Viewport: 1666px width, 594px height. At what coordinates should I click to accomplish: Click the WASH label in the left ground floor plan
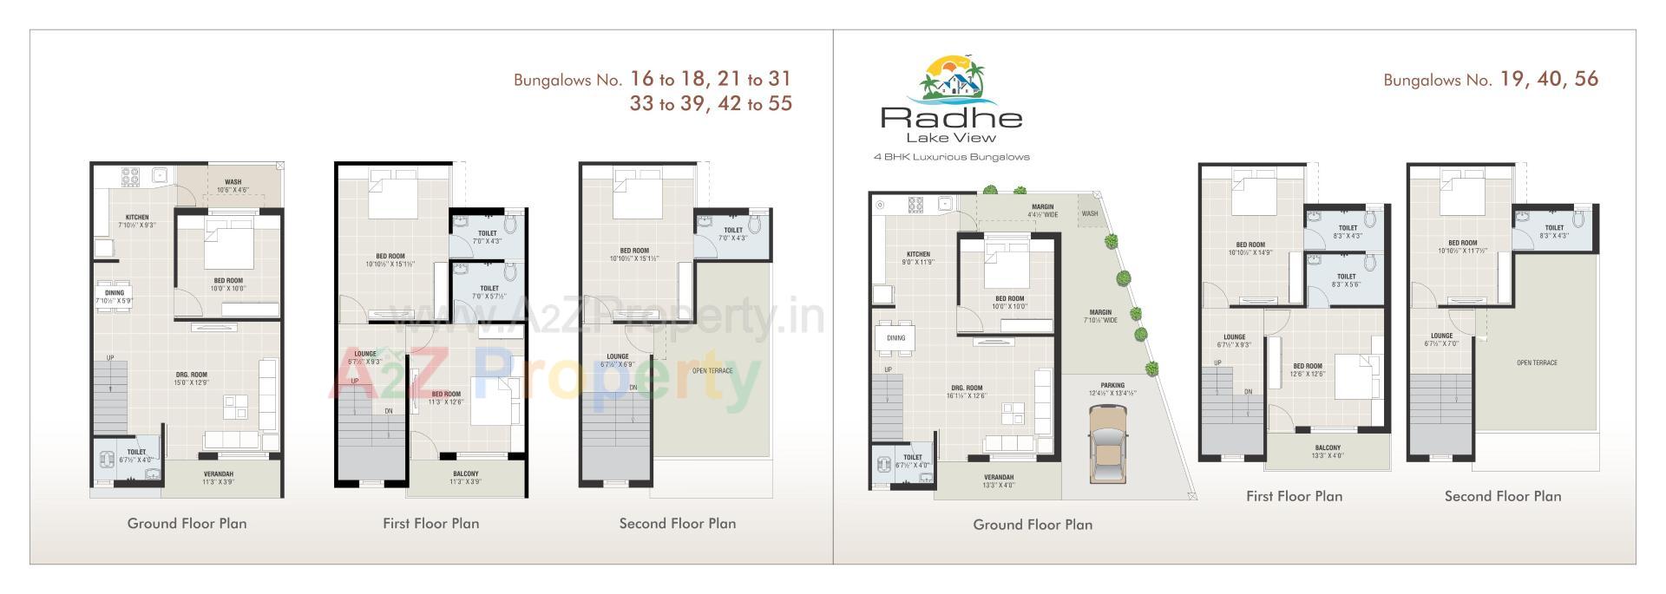coord(233,182)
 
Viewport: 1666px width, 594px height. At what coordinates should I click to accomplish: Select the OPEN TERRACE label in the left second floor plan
coord(712,371)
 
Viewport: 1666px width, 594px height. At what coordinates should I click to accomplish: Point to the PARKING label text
coord(1112,385)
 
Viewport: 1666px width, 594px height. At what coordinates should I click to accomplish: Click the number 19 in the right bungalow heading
coord(1511,80)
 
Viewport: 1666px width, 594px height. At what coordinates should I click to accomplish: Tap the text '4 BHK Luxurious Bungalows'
coord(951,157)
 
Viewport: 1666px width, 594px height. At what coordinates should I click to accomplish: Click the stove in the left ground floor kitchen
coord(131,177)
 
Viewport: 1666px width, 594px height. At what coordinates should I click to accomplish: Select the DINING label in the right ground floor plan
coord(895,338)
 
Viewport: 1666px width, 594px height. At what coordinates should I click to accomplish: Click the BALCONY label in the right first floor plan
coord(1327,448)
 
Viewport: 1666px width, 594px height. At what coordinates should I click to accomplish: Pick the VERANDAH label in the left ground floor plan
coord(218,474)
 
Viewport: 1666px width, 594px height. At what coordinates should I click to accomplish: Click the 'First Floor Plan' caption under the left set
coord(430,524)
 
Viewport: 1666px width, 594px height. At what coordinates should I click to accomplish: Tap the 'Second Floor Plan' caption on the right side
coord(1502,497)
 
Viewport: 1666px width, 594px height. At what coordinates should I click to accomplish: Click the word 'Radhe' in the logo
coord(951,117)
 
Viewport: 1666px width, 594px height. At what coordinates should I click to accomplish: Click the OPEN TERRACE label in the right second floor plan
coord(1537,362)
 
